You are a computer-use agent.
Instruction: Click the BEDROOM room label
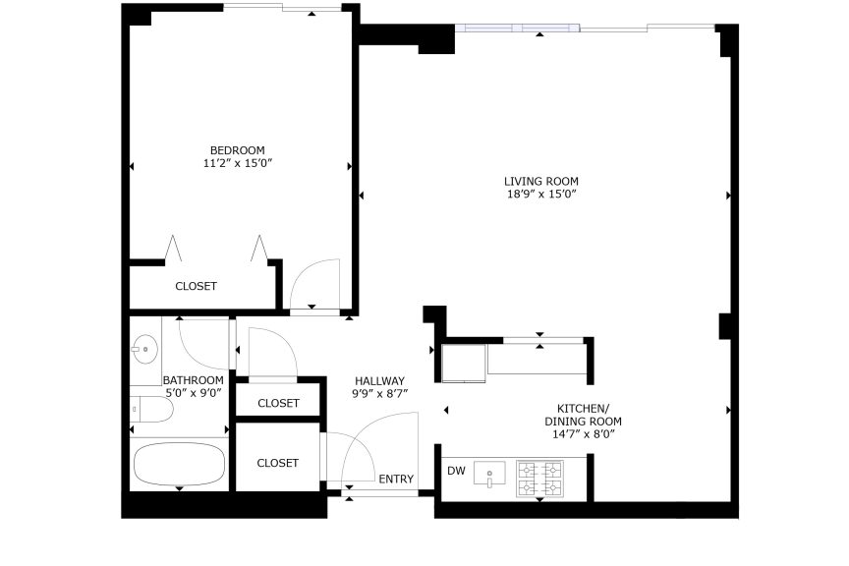237,150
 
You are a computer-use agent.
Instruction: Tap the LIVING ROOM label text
540,182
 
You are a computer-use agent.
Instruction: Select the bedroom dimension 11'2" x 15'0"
237,163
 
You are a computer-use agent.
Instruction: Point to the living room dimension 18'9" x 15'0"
540,194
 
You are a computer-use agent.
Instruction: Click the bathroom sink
145,350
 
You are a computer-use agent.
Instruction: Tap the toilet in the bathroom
151,410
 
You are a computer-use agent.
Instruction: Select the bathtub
179,464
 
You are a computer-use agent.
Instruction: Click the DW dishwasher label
457,471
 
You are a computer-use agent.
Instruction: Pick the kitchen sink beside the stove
489,473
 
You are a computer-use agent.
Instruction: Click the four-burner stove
539,479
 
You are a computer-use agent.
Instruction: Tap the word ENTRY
396,479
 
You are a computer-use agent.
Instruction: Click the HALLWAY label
379,380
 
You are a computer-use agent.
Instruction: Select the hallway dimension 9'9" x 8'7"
379,394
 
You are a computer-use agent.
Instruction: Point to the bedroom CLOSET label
196,286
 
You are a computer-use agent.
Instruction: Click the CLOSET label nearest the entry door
278,463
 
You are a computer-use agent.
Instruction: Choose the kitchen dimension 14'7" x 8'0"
583,434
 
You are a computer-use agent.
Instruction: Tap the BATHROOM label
194,380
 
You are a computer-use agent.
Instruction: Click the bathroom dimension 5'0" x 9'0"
194,393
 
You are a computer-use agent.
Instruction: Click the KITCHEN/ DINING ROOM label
583,415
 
